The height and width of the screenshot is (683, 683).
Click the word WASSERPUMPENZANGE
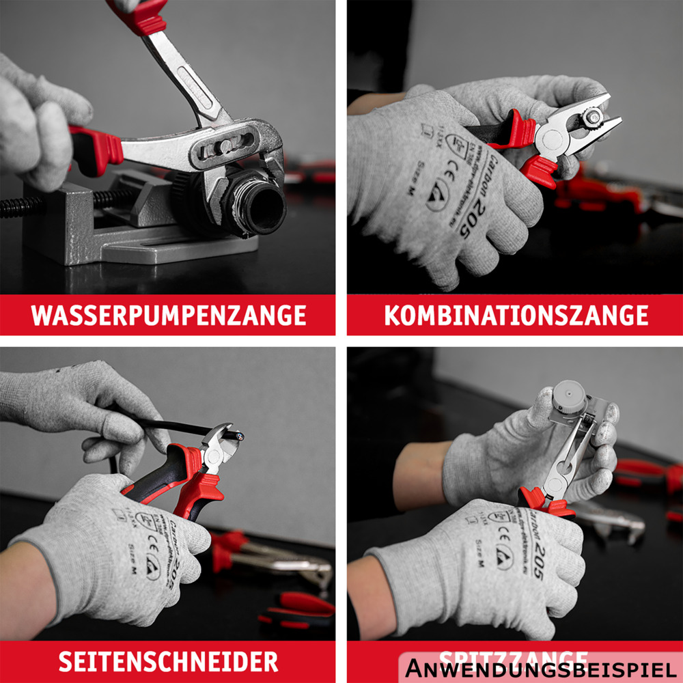tap(168, 316)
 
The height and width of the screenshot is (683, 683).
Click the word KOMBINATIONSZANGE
tap(516, 316)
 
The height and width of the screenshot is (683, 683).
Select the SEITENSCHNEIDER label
tap(168, 661)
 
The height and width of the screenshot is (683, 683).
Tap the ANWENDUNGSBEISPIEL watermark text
tap(540, 669)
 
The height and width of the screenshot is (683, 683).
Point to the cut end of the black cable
tap(238, 436)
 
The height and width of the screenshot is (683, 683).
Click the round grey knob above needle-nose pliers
tap(570, 398)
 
